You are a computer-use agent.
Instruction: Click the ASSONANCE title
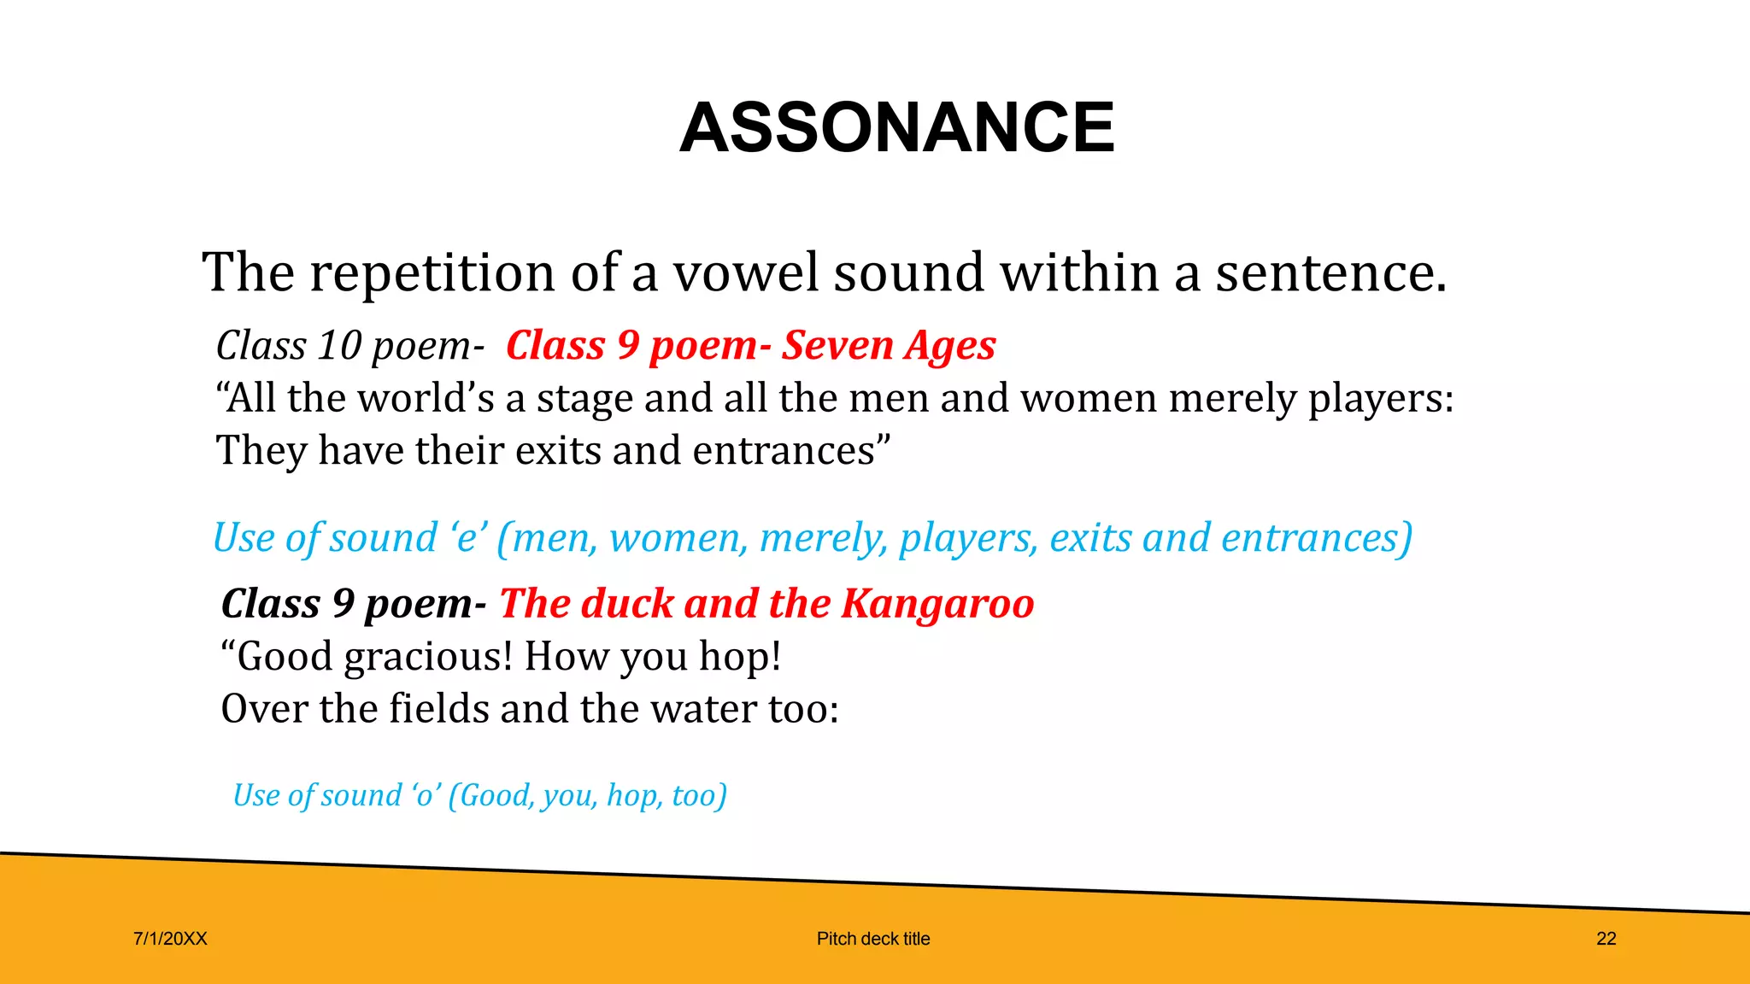tap(896, 127)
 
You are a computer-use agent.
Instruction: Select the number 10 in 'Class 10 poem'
tap(339, 346)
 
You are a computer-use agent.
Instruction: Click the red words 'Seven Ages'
tap(889, 346)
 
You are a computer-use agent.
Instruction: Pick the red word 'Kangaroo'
tap(937, 604)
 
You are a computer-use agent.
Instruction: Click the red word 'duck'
tap(627, 604)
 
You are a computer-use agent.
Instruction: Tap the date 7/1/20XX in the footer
tap(170, 939)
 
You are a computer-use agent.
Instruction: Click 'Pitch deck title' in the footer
tap(873, 939)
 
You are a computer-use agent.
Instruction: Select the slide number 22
tap(1606, 939)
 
